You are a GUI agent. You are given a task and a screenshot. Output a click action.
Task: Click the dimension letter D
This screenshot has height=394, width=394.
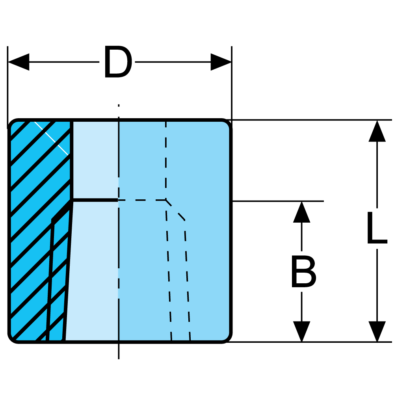[x=117, y=62]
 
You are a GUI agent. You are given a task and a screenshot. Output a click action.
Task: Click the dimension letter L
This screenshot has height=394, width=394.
[x=377, y=229]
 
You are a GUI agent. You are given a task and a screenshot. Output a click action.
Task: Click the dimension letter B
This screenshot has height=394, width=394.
[x=303, y=272]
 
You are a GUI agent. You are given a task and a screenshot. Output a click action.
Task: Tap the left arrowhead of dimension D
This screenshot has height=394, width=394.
[x=18, y=62]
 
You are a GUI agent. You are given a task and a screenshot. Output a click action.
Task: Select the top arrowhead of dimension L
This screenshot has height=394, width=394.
[x=377, y=131]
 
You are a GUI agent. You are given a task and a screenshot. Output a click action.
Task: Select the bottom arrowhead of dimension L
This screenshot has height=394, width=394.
[x=377, y=332]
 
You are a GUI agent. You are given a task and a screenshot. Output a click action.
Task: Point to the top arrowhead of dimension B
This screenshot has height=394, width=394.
[x=302, y=212]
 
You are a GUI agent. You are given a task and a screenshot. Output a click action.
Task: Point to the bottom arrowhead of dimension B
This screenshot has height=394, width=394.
[x=302, y=332]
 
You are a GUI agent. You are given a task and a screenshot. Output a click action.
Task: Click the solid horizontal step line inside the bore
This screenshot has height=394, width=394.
[x=95, y=200]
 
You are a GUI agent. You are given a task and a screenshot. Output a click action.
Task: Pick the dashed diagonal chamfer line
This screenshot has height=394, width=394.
[x=175, y=210]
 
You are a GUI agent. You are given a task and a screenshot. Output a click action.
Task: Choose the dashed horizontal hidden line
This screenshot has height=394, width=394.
[x=142, y=200]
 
